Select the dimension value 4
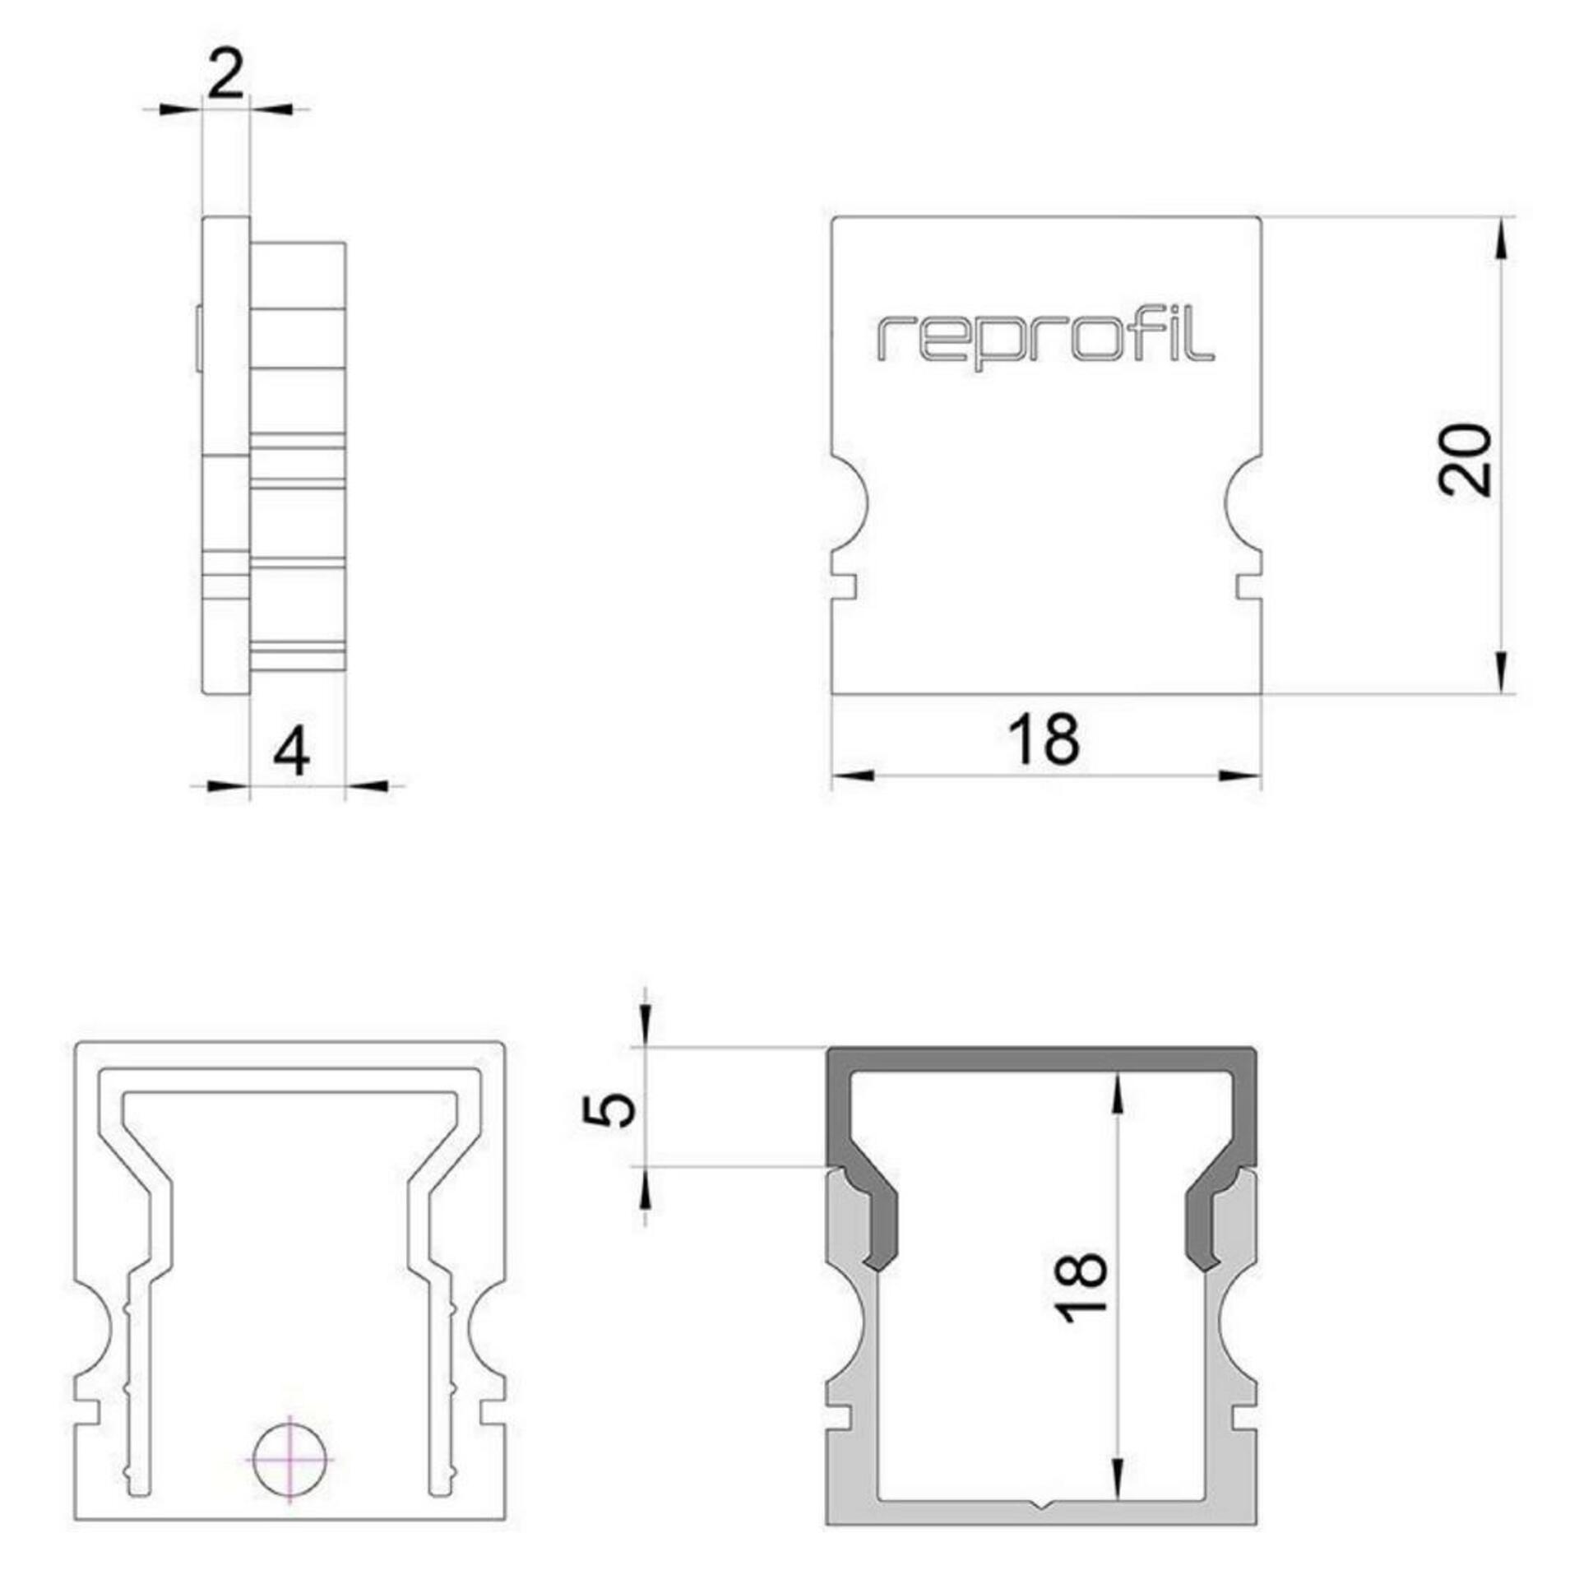(292, 753)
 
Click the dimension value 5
(609, 1112)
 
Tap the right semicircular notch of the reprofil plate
(1243, 502)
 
